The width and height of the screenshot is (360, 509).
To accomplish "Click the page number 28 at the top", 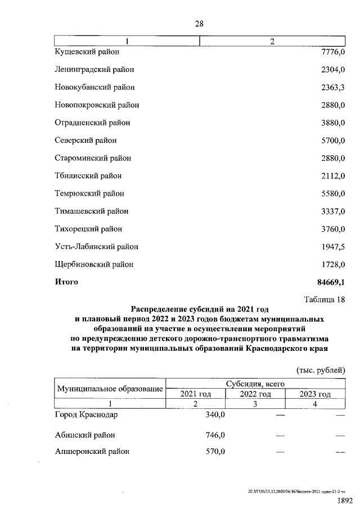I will point(199,24).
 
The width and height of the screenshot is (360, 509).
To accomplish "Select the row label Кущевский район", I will point(87,52).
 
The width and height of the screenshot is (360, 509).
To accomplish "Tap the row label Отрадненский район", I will point(92,123).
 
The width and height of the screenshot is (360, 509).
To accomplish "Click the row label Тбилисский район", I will point(88,175).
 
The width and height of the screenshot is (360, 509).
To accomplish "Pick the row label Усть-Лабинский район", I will point(96,246).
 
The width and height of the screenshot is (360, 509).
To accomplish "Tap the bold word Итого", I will point(66,282).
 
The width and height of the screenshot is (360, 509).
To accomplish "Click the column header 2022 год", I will point(255,394).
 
